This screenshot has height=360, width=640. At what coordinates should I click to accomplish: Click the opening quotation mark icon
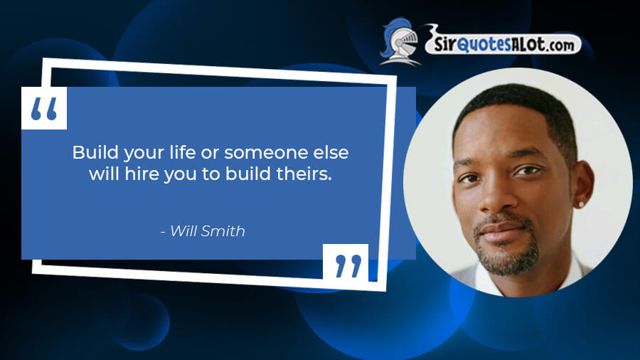point(43,109)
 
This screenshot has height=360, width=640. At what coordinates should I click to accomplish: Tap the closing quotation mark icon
point(348,266)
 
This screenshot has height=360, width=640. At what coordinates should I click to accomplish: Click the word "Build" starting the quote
point(95,153)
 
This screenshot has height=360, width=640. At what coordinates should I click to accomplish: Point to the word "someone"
point(266,153)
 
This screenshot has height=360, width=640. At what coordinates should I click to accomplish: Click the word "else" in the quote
point(331,152)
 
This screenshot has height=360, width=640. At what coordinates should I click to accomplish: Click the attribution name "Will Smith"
point(208,231)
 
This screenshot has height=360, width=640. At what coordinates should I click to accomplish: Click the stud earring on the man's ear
point(580,203)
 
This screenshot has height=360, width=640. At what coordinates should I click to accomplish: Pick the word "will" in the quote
point(104,174)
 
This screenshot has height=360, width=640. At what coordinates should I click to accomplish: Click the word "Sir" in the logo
point(444,44)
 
